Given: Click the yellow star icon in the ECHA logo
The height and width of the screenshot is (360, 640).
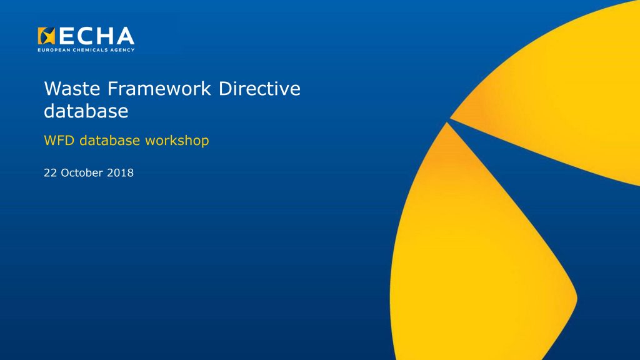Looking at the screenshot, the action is pos(46,36).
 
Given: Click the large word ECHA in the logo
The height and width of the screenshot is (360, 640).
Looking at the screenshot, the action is pos(97,36).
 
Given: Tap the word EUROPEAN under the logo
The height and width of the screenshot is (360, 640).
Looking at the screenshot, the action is pos(54,50).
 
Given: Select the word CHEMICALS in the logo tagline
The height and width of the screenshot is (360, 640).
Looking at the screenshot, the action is pos(90,50).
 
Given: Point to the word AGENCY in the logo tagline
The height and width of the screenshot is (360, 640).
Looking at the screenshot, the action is pos(122,50).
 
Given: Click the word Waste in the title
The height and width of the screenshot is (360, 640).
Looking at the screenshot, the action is pos(72,89).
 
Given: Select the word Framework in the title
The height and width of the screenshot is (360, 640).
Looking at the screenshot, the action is pos(159,89).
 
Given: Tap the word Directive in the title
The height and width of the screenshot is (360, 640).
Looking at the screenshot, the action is pos(259,89).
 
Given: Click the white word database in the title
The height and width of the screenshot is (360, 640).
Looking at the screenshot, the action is pos(86,111).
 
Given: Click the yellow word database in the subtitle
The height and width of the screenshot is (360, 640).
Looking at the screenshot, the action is pos(110,141).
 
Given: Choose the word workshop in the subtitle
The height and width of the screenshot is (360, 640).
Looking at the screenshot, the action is pos(177,141).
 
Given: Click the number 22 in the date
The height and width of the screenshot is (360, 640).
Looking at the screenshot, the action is pos(50,172).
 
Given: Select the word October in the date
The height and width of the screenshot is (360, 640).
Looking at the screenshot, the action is pos(82,172).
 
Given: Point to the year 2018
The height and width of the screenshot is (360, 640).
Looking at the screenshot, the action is pos(121,172).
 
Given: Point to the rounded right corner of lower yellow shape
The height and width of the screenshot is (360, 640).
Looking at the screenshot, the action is pos(575,298).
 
